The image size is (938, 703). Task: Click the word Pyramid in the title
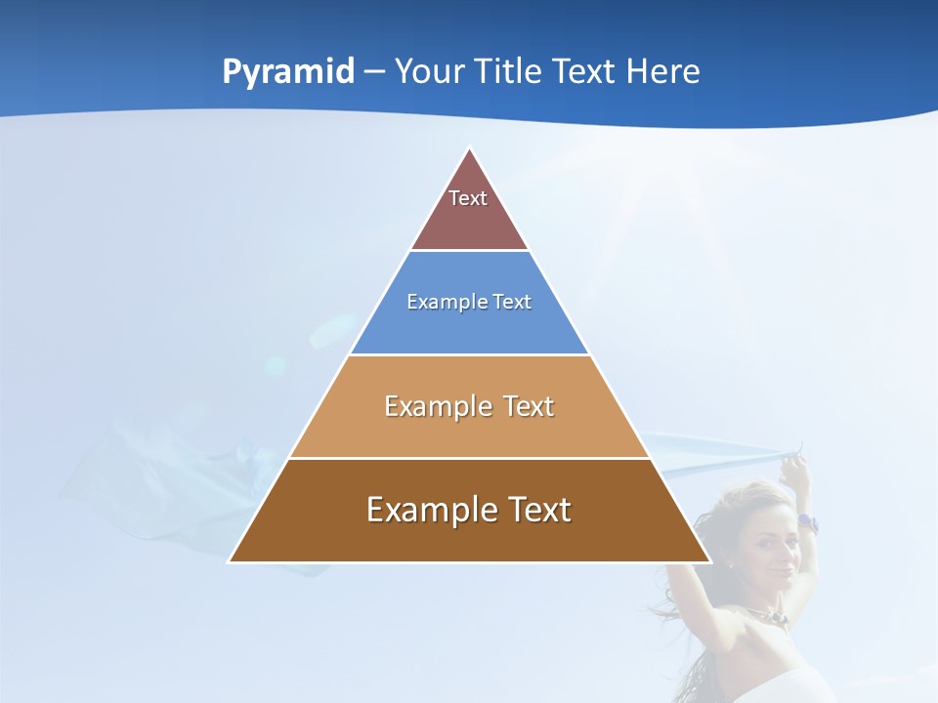287,72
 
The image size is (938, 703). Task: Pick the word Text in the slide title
585,72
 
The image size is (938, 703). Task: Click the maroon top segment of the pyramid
469,220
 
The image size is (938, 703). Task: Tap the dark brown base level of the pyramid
469,537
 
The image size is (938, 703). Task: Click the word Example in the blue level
443,302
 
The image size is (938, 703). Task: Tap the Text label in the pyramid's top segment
468,198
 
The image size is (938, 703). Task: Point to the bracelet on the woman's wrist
807,522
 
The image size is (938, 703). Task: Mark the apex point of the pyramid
470,149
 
